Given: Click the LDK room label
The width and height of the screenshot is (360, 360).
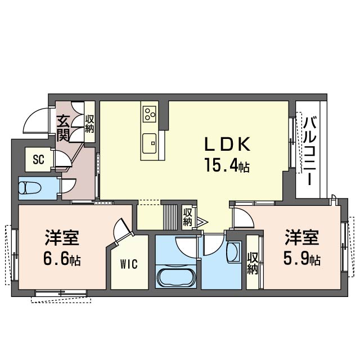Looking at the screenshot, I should [226, 145].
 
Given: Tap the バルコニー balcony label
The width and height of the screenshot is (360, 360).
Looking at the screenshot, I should [309, 150].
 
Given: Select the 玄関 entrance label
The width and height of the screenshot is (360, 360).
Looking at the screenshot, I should [62, 128].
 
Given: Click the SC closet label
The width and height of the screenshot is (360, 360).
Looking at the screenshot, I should [38, 159].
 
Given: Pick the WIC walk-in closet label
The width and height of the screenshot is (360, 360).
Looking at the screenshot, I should [129, 264].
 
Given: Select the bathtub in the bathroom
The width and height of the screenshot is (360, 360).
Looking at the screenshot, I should [176, 277].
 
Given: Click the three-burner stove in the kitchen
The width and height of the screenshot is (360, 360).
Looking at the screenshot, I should [150, 115].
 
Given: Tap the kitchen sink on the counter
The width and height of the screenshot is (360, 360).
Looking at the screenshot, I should [150, 143].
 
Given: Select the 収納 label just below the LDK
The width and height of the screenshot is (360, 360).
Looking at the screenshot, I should [187, 217].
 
